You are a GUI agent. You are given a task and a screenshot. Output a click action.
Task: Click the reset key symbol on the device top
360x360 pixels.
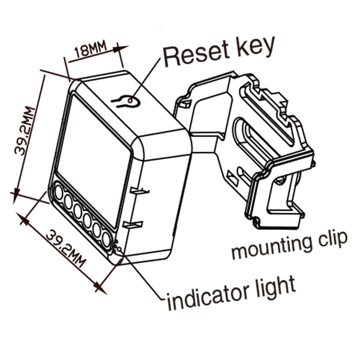pyautogui.click(x=126, y=102)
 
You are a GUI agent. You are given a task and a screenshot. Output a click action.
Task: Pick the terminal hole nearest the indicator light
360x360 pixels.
pyautogui.click(x=106, y=239)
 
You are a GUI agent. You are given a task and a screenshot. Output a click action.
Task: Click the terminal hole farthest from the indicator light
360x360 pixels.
pyautogui.click(x=58, y=193)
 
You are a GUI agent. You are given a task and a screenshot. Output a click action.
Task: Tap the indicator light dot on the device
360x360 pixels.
pyautogui.click(x=118, y=247)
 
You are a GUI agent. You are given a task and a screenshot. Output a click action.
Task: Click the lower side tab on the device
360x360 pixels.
pyautogui.click(x=133, y=224)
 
